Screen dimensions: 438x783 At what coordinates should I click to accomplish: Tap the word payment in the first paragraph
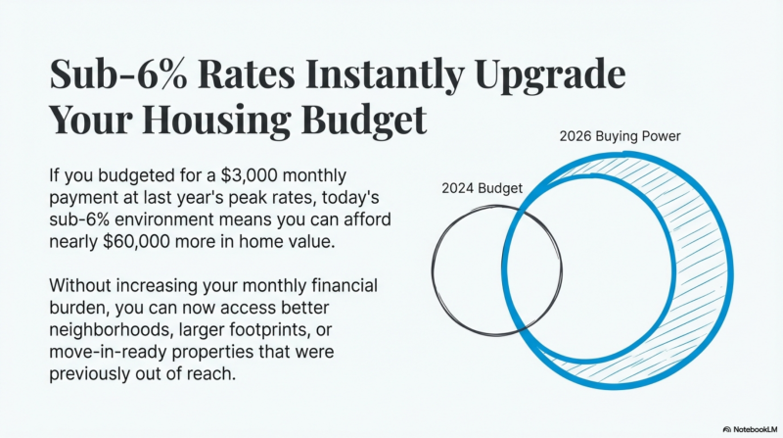[x=83, y=198]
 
